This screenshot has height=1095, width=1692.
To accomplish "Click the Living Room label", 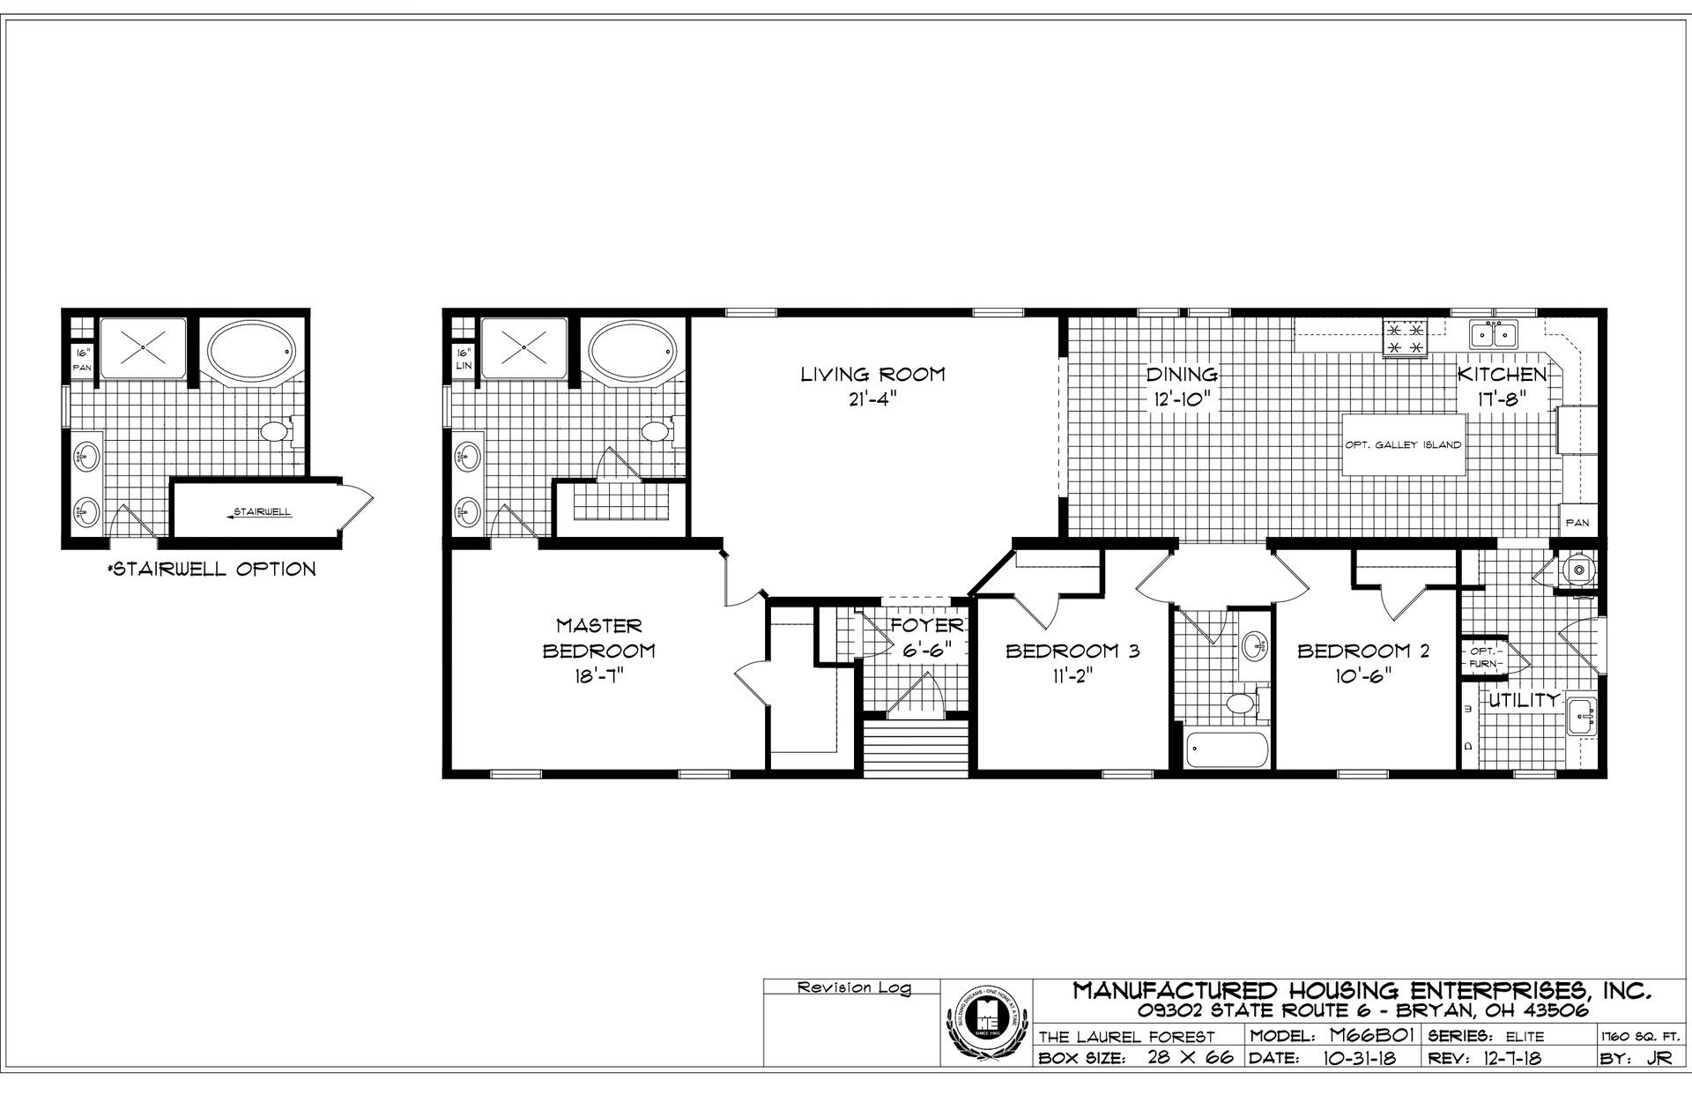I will (872, 374).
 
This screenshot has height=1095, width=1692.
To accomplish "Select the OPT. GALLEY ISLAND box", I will (1403, 445).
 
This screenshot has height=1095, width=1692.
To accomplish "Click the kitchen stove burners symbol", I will (1405, 339).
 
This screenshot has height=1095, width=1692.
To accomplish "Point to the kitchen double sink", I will (1493, 335).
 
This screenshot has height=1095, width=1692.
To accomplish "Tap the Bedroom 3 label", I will (1072, 652).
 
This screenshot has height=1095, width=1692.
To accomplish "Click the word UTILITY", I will (1524, 701).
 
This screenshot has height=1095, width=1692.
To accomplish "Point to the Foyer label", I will (926, 626).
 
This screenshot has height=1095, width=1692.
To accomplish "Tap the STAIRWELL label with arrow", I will (260, 511).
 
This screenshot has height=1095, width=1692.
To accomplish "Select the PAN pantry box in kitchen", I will (1577, 523).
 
